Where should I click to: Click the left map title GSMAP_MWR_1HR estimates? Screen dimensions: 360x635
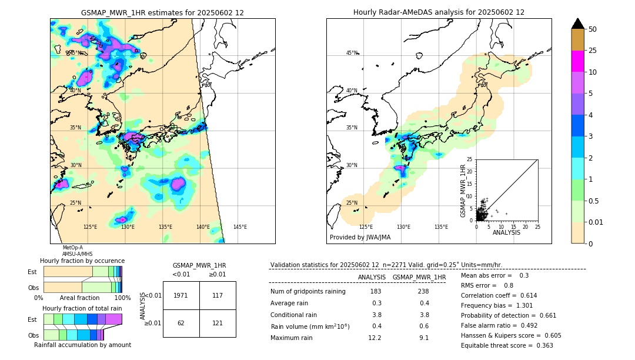tap(162, 12)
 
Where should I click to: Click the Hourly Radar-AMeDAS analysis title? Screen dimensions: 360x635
tap(439, 12)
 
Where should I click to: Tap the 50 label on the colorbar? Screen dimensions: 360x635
tap(593, 29)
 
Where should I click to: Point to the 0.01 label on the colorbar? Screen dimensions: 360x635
tap(596, 222)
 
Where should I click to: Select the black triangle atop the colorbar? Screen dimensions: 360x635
tap(578, 24)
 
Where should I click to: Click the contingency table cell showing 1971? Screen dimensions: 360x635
tap(181, 295)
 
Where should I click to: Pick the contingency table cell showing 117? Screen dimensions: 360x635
tap(218, 295)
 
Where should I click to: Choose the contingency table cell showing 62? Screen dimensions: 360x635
tap(181, 323)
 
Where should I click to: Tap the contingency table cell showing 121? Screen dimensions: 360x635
tap(218, 323)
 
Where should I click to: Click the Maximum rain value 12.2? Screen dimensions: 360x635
tap(375, 338)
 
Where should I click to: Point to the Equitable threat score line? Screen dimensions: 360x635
tap(507, 345)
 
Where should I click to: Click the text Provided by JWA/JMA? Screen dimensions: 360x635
tap(360, 237)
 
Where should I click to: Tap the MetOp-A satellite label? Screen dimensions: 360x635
tap(73, 248)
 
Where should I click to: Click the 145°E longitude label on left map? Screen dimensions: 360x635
tap(240, 227)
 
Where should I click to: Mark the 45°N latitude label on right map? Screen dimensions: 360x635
tap(352, 53)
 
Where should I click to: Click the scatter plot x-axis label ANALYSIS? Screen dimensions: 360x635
tap(506, 232)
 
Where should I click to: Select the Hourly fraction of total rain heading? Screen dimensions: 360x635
tap(82, 308)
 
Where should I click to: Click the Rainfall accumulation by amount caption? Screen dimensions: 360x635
tap(82, 345)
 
